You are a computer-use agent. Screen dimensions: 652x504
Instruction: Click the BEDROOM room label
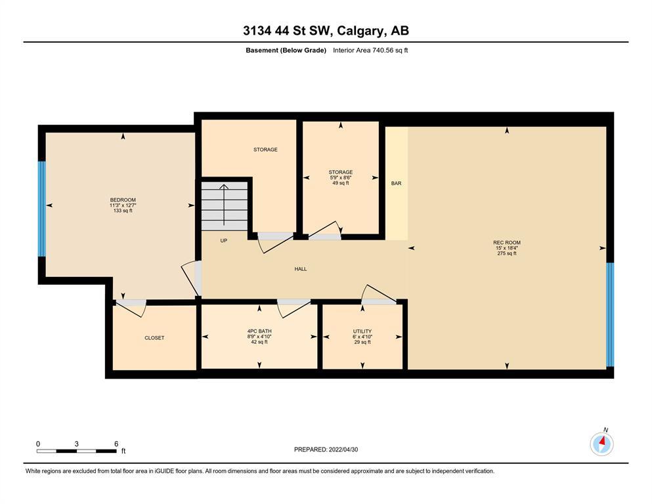(123, 200)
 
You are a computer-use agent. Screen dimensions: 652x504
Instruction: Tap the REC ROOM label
(506, 243)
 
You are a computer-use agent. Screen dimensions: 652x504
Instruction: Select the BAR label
(397, 183)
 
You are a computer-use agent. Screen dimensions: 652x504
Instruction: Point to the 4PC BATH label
(259, 331)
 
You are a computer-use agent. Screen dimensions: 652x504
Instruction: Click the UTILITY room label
(362, 331)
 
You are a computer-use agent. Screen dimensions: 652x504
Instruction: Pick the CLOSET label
(154, 338)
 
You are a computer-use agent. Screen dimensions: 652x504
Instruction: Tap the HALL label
(301, 269)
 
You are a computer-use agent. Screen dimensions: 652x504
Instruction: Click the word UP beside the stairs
(224, 241)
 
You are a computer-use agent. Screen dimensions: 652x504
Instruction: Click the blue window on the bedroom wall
(41, 209)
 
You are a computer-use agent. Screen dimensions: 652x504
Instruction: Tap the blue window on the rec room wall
(610, 314)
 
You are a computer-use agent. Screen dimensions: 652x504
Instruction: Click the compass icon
(601, 444)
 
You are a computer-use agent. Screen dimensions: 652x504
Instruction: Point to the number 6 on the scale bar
(116, 444)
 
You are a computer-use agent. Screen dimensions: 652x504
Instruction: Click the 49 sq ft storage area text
(341, 183)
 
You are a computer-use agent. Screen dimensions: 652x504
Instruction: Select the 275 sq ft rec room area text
(506, 253)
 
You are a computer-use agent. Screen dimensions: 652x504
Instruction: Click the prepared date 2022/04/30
(343, 450)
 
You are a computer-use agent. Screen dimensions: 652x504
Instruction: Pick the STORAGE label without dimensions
(265, 150)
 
